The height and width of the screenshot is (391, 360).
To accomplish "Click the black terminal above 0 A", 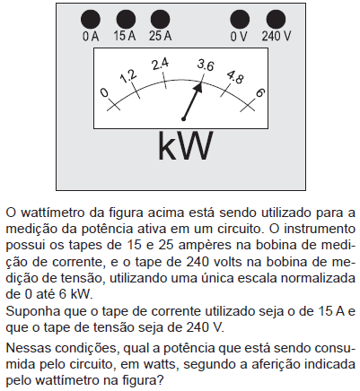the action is [91, 20].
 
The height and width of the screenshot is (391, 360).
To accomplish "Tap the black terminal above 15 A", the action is [126, 20].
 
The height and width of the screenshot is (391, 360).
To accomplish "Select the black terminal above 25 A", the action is [161, 20].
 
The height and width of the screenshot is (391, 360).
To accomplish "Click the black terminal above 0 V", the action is [240, 20].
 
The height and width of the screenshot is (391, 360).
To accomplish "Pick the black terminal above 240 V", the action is [276, 20].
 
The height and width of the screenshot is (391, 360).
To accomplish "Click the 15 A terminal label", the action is [125, 36].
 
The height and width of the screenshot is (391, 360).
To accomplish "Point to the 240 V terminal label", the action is [277, 36].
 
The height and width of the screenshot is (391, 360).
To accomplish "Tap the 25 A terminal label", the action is [161, 36].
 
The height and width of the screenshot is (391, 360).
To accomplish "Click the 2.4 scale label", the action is [160, 64].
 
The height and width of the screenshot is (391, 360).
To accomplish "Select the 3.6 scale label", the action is [206, 65].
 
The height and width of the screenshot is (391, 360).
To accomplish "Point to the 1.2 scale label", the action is [128, 76].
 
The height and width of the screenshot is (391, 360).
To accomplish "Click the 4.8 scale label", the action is [235, 77].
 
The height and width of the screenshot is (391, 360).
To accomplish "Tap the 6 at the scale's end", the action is [259, 93].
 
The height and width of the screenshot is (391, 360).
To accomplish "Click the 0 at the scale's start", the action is [104, 92].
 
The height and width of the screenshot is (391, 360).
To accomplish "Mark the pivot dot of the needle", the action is [183, 119].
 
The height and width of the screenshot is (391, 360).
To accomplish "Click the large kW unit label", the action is [186, 146].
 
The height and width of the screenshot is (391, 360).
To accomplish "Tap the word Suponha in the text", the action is [30, 311].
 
